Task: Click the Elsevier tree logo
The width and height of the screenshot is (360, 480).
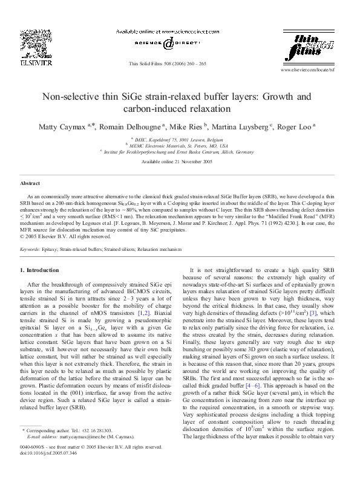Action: point(36,45)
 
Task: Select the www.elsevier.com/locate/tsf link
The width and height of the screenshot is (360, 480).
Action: point(307,71)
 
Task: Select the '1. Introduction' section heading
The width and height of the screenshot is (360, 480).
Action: point(40,270)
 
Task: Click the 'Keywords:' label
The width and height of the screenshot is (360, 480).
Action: point(30,249)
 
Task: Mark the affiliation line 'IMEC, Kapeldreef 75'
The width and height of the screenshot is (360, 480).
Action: point(179,138)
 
